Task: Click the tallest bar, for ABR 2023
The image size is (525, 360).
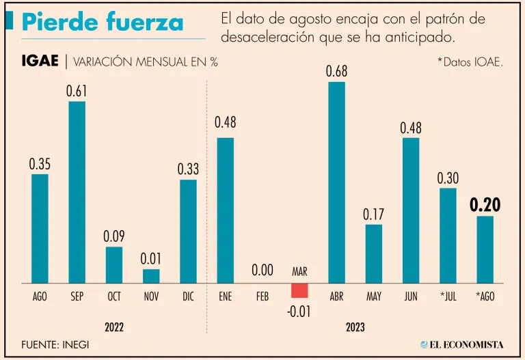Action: click(336, 182)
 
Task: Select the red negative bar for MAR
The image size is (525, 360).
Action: click(299, 290)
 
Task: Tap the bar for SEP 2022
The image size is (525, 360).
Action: click(77, 192)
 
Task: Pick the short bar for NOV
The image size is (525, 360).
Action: click(151, 276)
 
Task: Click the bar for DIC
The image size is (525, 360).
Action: click(188, 231)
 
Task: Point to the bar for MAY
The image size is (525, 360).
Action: click(374, 253)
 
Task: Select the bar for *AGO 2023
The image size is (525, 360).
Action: click(485, 249)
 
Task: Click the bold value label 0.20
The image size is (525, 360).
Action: click(485, 205)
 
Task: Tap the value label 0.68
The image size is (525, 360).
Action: click(336, 71)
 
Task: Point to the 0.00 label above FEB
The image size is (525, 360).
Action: click(262, 271)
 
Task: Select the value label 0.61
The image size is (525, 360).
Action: click(77, 91)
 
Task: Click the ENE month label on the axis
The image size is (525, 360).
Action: click(225, 297)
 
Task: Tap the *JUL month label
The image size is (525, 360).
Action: click(448, 297)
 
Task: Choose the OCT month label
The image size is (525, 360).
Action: click(113, 297)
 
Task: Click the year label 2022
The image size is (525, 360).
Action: click(114, 327)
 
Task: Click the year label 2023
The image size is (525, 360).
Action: click(355, 327)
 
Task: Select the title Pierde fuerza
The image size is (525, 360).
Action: click(103, 22)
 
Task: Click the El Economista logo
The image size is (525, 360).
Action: click(461, 344)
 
